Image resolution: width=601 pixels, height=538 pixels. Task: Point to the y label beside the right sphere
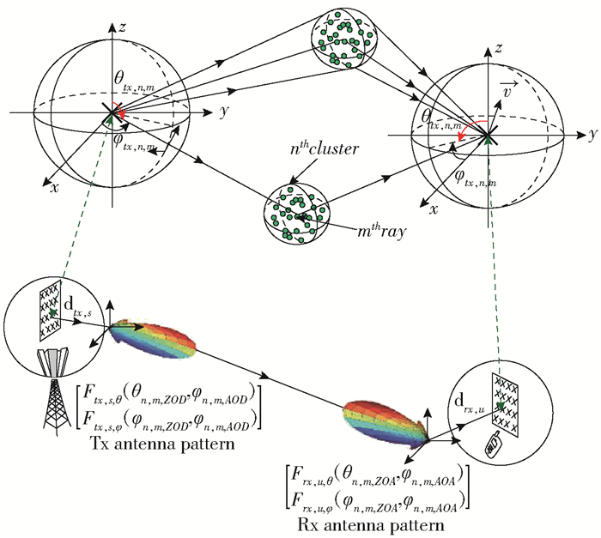point(592,135)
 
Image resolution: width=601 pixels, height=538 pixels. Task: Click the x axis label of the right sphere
point(434,209)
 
